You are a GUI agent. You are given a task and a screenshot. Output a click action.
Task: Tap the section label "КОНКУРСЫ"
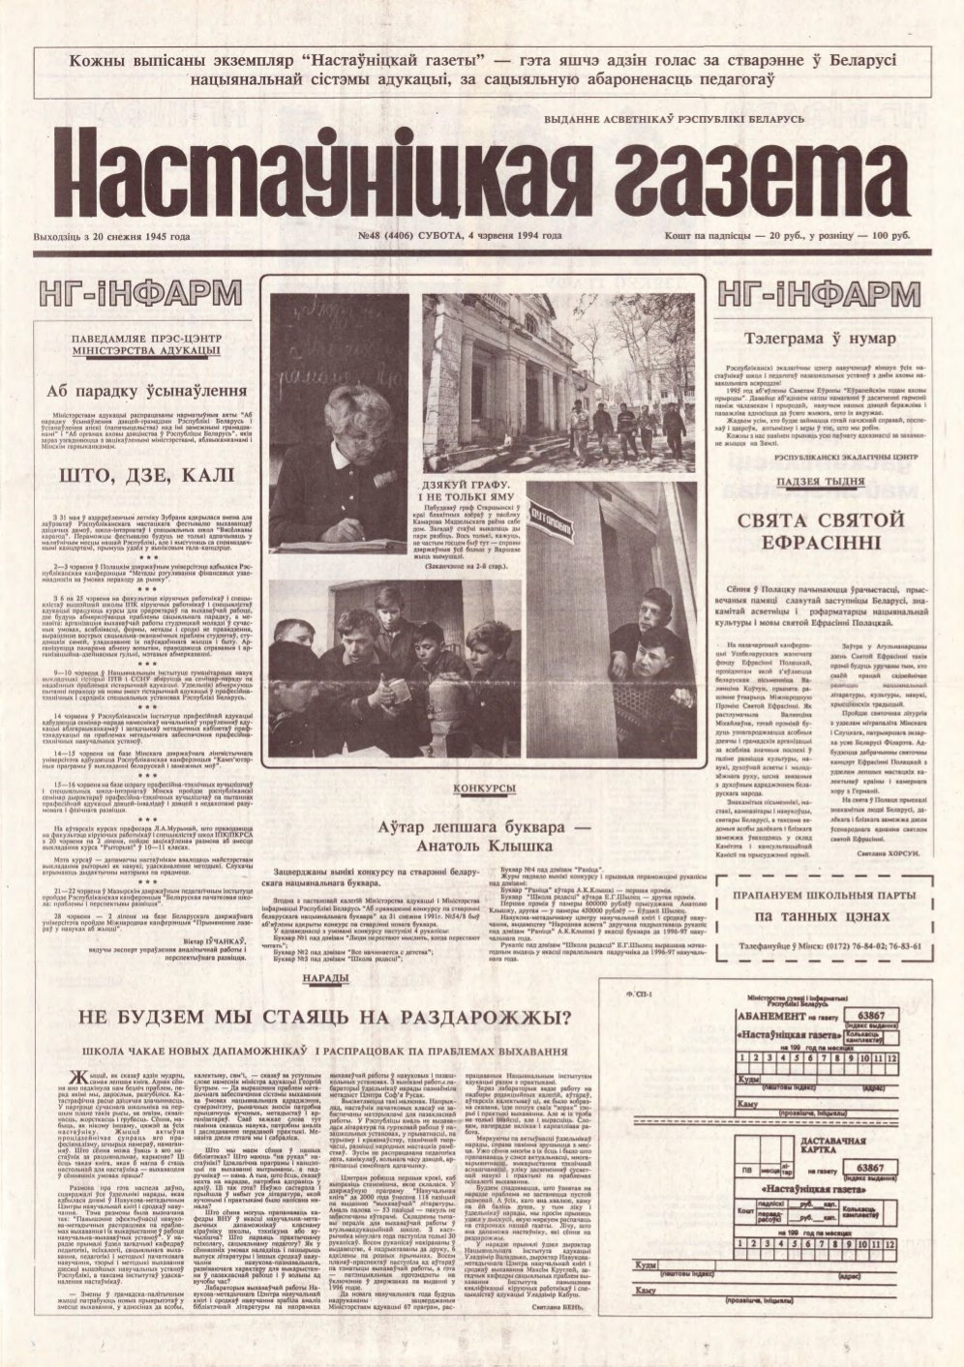[x=484, y=790]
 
